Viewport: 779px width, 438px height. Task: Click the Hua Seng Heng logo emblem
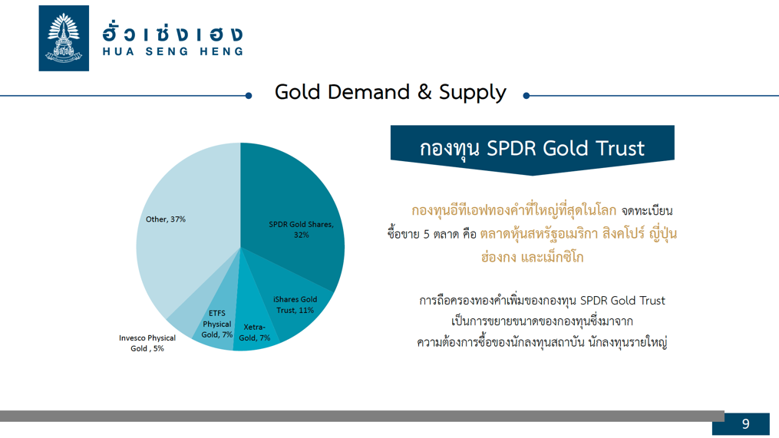coord(64,38)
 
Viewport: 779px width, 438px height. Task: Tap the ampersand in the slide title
coord(424,92)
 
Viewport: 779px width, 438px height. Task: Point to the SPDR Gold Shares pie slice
coord(293,209)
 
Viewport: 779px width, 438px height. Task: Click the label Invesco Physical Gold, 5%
coord(147,343)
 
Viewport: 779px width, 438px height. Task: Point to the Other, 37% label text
coord(166,219)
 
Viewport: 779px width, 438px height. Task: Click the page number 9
coord(745,423)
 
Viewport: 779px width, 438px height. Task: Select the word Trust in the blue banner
coord(621,148)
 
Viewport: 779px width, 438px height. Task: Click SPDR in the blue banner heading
coord(510,148)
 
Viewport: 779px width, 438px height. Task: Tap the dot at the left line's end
coord(249,96)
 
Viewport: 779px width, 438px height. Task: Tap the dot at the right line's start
coord(526,96)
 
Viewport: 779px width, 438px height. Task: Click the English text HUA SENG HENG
coord(173,51)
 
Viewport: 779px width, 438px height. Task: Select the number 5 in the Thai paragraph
coord(426,234)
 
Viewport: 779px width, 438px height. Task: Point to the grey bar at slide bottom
coord(361,417)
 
